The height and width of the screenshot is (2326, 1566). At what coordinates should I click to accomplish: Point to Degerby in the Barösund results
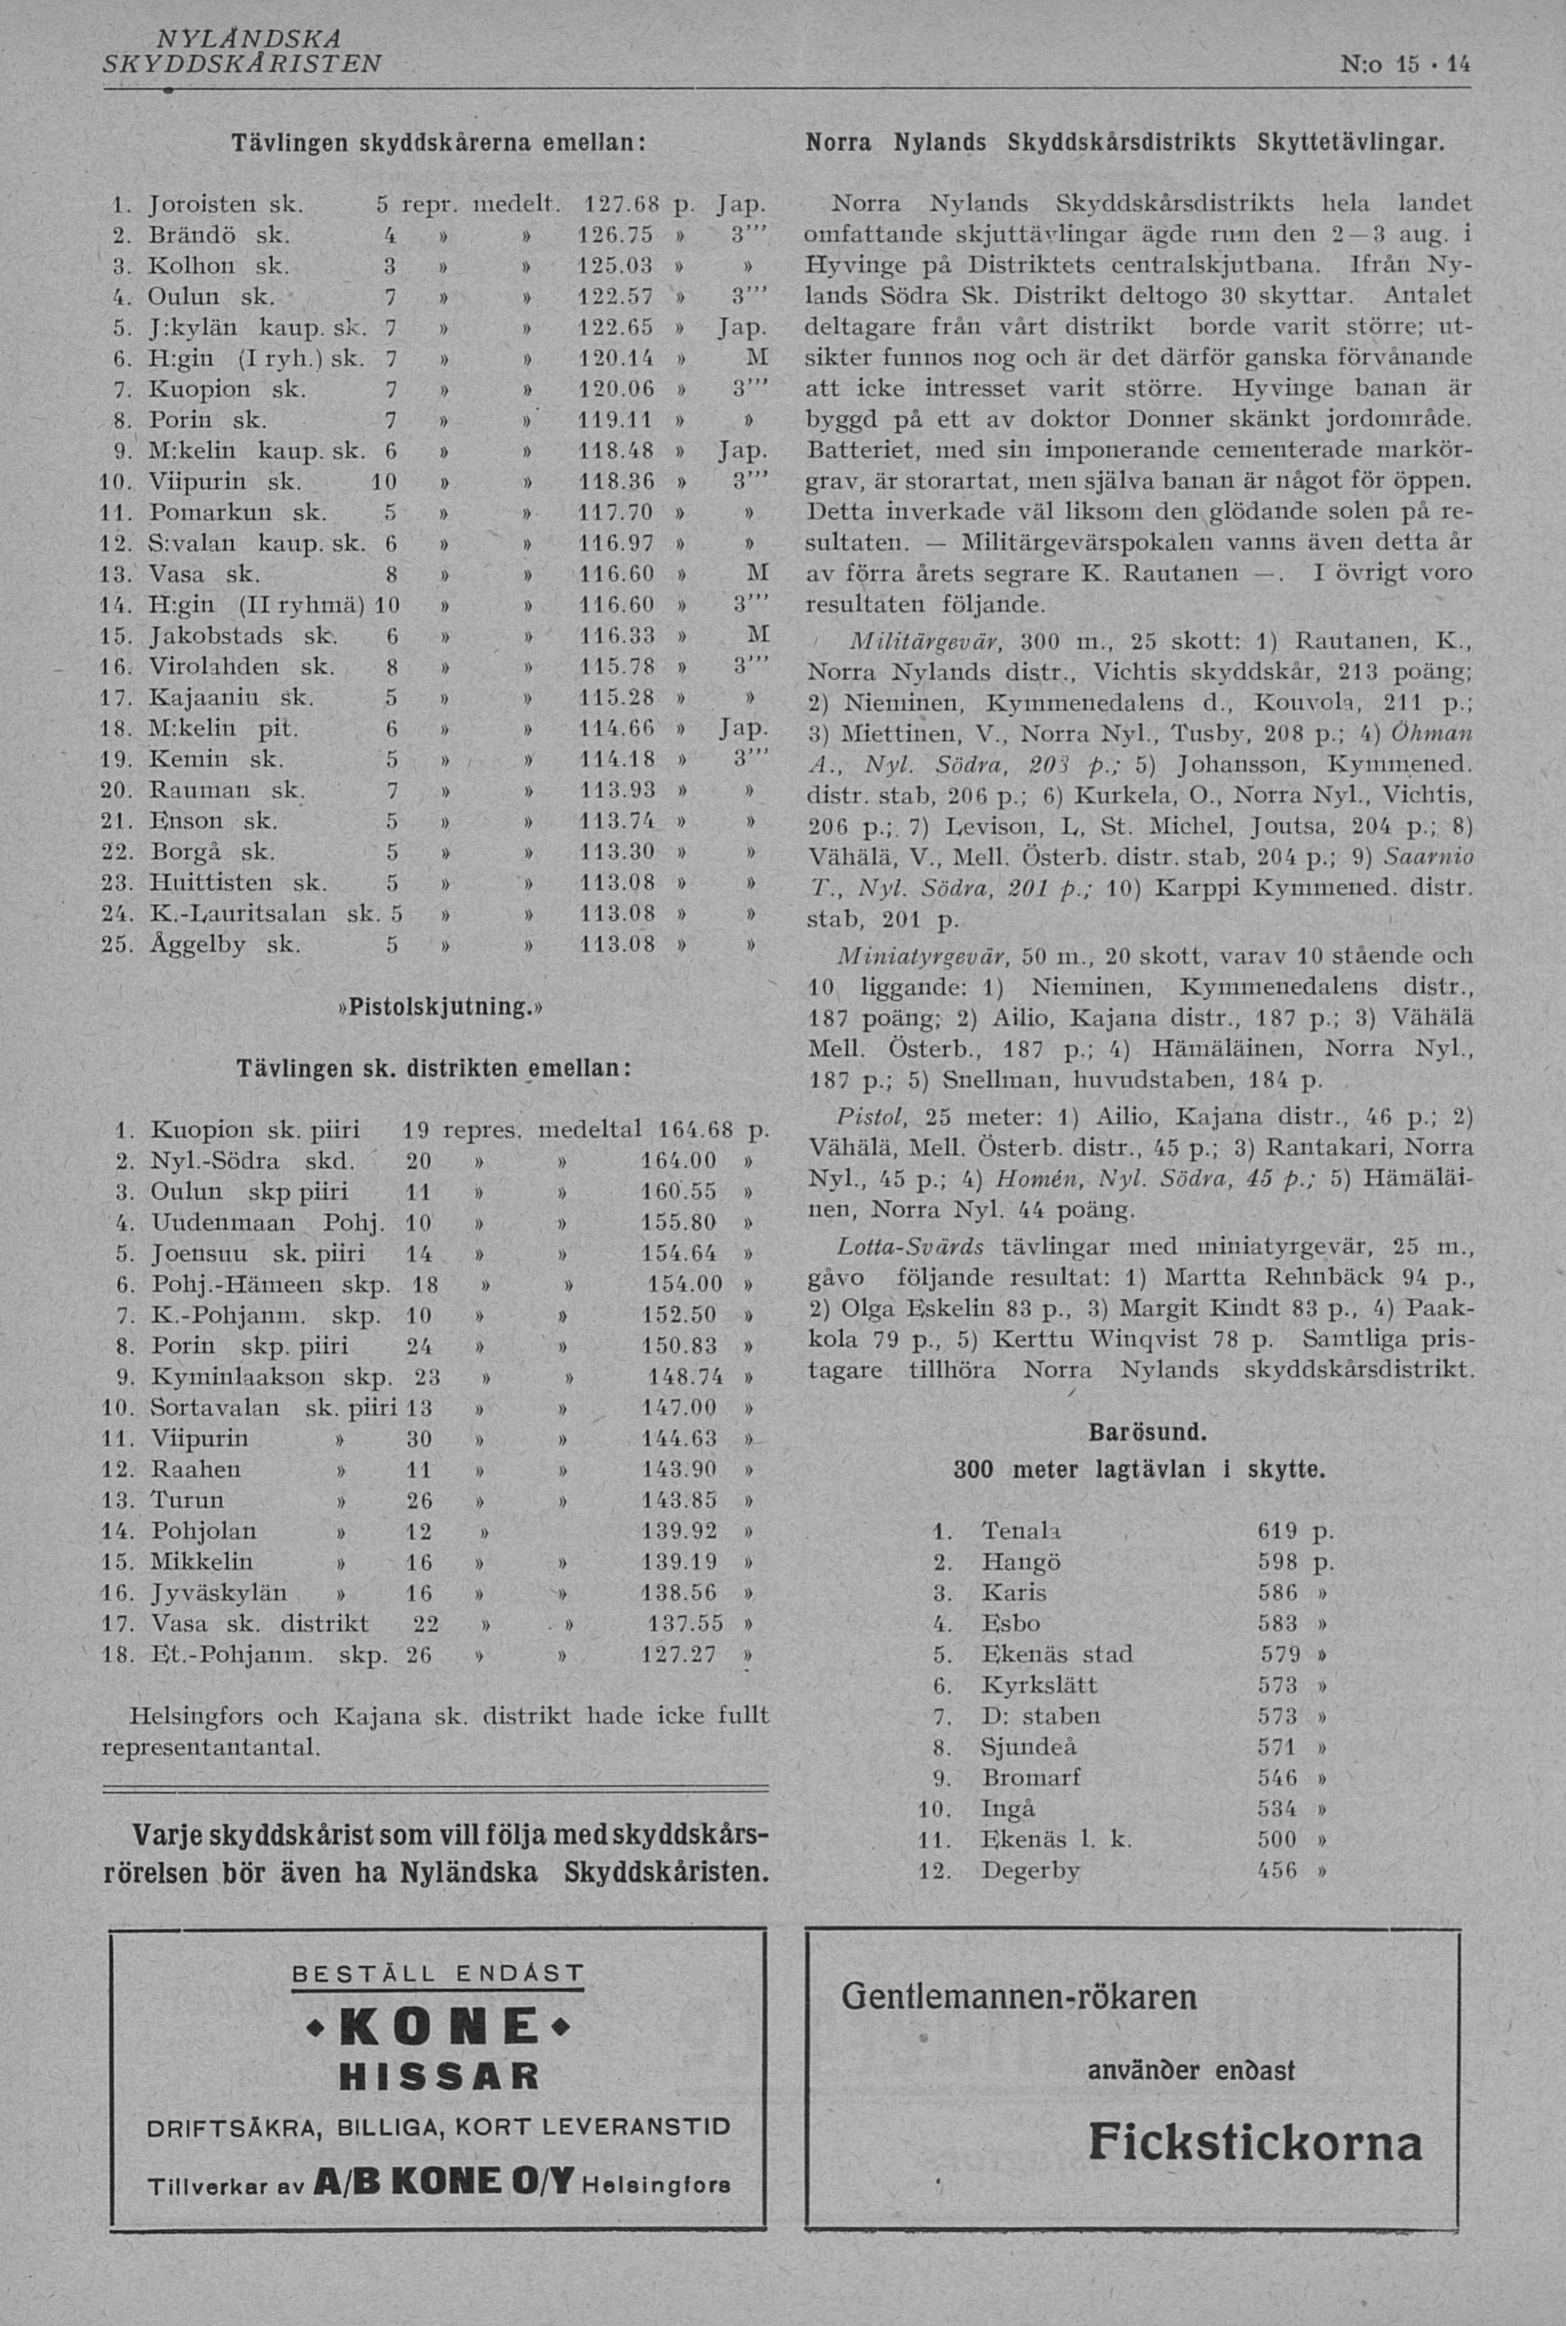click(1030, 1871)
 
